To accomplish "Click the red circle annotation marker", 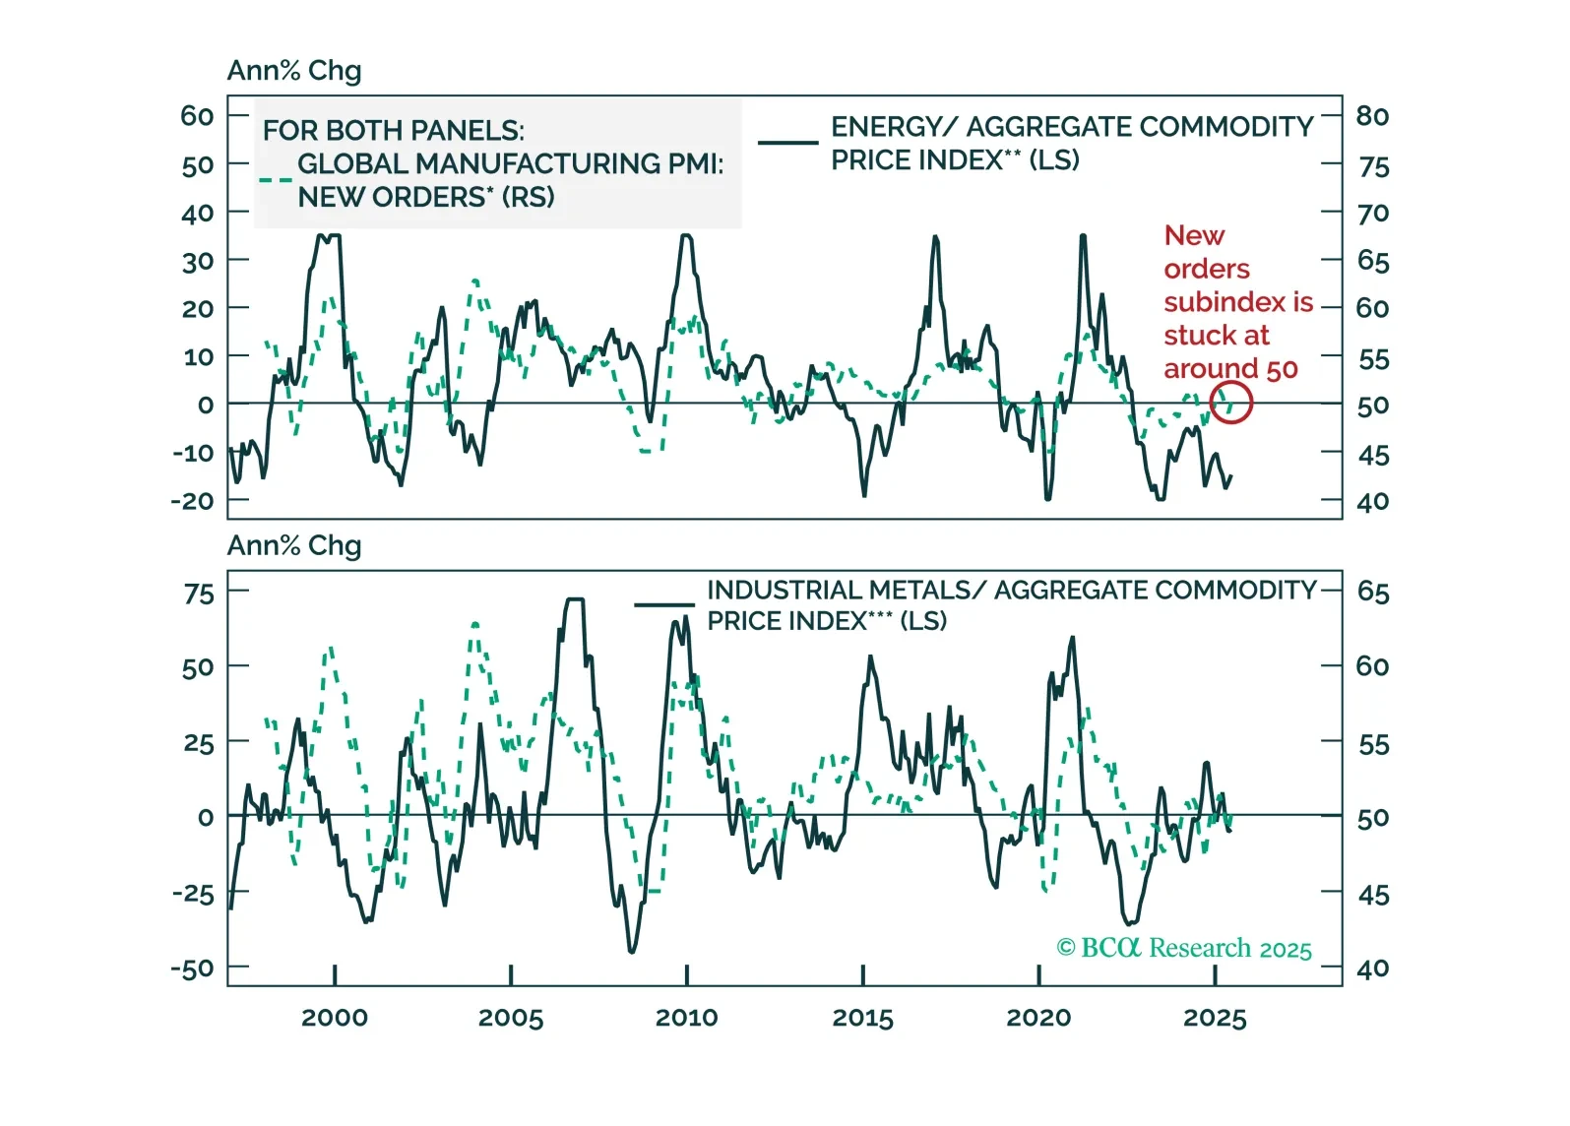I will pos(1230,402).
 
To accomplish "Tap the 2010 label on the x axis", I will pos(686,1018).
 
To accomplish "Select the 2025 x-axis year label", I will pos(1215,1018).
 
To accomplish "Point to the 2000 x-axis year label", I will pos(335,1018).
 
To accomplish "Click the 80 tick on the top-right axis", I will pos(1372,116).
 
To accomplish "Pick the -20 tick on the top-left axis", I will pos(192,501).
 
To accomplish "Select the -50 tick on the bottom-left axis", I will pos(192,969).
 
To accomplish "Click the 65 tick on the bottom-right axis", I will pos(1373,592).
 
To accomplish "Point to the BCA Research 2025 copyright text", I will pos(1184,948).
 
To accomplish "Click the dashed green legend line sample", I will pos(276,180).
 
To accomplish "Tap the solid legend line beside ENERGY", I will pos(787,143).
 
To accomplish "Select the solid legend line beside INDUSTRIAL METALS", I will pos(664,604).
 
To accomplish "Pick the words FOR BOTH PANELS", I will pos(394,130).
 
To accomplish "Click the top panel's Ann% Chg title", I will pos(294,71).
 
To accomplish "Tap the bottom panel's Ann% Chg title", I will pos(294,545).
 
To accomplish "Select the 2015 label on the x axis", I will pos(862,1018).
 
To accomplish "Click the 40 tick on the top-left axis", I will pos(198,213).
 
